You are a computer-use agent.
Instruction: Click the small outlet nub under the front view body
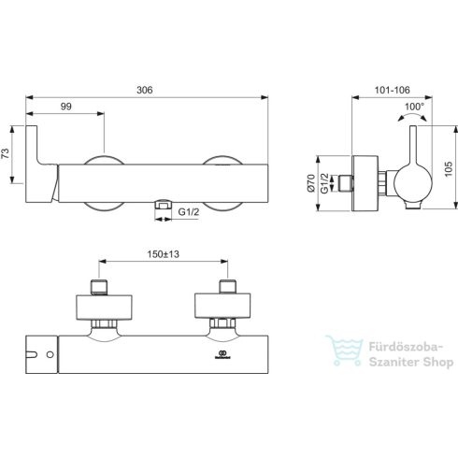[x=164, y=203]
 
